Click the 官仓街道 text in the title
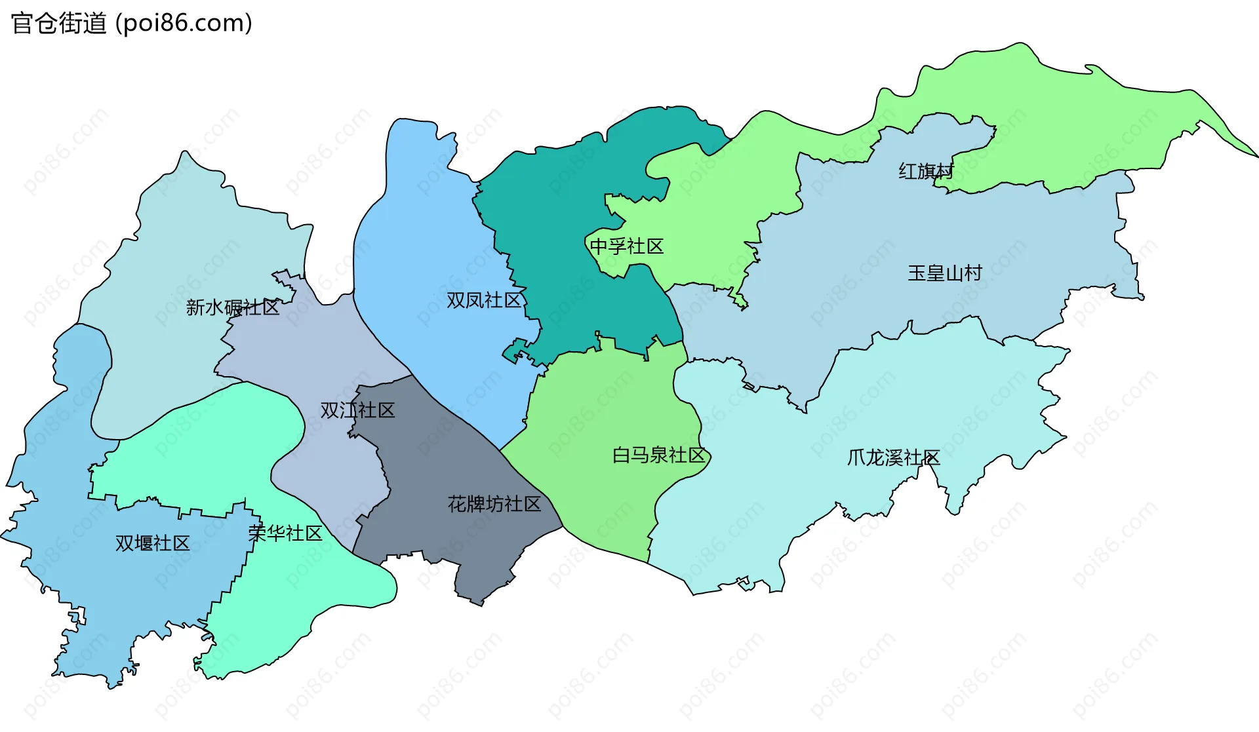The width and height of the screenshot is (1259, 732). pos(59,24)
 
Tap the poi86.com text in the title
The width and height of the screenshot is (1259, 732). pos(184,24)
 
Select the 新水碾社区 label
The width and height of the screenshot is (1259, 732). pos(233,307)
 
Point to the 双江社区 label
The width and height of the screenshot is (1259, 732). pos(357,410)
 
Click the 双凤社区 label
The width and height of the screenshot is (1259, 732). pos(484,300)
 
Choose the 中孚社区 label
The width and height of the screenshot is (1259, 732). pos(627,246)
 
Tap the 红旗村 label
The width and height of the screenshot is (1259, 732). pos(926,171)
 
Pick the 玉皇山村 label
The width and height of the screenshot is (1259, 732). pos(945,273)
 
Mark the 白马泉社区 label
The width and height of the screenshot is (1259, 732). pos(658,455)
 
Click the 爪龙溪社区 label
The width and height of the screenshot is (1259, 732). pos(893,457)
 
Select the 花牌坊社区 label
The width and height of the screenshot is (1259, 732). pos(494,504)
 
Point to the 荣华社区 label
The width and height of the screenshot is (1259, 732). pos(285,533)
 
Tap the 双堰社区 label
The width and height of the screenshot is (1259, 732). pos(152,543)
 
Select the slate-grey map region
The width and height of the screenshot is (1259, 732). pos(446,459)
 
